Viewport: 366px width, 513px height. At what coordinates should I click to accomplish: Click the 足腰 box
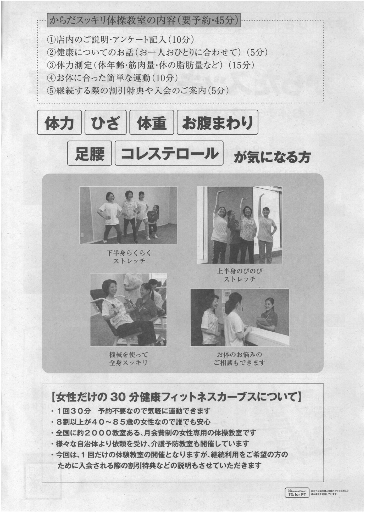(x=90, y=153)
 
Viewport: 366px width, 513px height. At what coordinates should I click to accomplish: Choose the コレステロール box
(x=169, y=153)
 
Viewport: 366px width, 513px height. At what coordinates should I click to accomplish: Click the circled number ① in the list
(x=51, y=40)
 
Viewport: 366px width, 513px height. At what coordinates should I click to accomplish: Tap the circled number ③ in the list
(x=51, y=65)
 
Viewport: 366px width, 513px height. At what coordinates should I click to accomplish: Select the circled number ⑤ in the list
(x=51, y=91)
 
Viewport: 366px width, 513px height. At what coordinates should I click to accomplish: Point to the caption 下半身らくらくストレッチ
(x=129, y=257)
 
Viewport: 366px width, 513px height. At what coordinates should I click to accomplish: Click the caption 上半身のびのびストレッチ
(x=240, y=275)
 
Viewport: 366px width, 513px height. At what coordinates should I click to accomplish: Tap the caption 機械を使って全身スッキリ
(x=129, y=359)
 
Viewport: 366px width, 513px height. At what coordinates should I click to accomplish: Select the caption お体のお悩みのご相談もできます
(x=239, y=359)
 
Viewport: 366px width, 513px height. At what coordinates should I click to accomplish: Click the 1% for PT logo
(x=297, y=493)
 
